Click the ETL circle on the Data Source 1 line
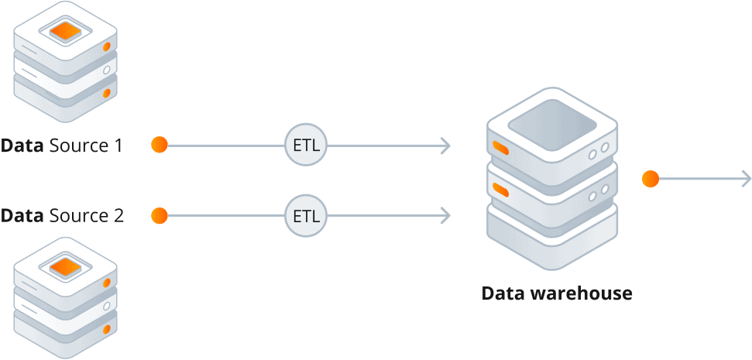(307, 145)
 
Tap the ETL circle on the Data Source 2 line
(307, 215)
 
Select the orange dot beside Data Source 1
(160, 145)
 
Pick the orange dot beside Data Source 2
(160, 215)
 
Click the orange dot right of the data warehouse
(651, 180)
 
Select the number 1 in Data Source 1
(117, 145)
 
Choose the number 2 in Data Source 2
(118, 215)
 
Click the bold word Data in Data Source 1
(22, 145)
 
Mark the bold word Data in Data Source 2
(22, 215)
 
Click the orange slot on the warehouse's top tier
(500, 148)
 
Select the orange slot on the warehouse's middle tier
(500, 189)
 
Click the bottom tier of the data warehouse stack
(551, 236)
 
